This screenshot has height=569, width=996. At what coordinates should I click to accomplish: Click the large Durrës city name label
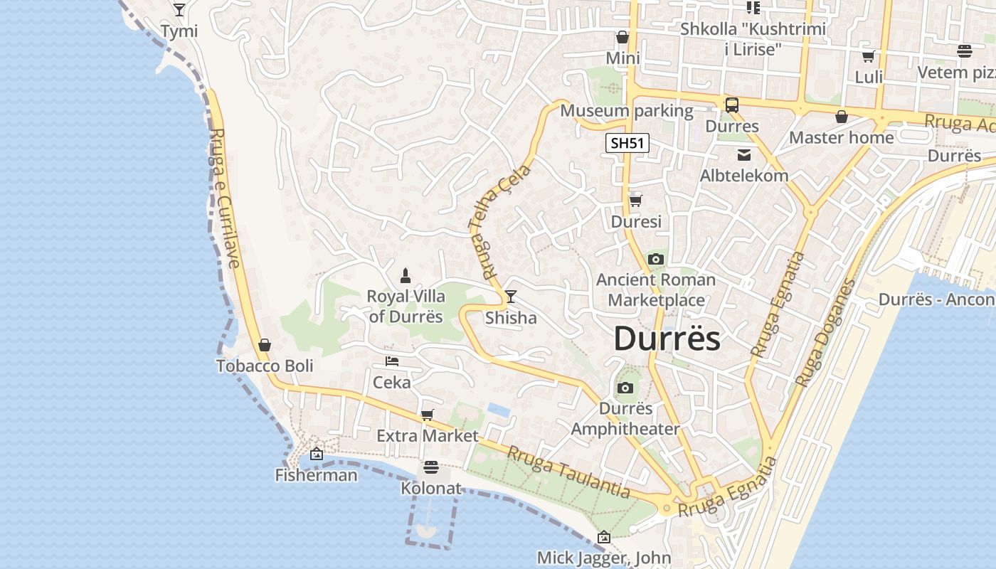(667, 339)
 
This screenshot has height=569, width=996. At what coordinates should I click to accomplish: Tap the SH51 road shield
(627, 143)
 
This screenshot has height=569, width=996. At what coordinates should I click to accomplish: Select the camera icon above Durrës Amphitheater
(625, 388)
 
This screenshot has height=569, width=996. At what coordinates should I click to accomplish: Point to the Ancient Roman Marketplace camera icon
(656, 259)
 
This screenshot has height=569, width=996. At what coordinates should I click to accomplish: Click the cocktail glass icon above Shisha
(510, 296)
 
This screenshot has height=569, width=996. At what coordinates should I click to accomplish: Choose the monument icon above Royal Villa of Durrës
(406, 275)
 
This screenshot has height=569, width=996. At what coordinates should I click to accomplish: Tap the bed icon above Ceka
(391, 361)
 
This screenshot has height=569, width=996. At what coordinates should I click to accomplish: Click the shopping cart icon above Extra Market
(427, 415)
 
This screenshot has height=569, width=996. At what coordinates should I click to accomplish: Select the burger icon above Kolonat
(430, 467)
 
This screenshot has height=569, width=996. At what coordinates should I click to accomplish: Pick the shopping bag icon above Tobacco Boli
(265, 345)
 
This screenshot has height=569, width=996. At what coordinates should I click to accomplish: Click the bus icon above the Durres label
(732, 105)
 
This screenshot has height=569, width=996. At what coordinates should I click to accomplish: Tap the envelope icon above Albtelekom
(744, 154)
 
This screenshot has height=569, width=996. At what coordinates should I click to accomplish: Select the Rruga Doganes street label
(825, 333)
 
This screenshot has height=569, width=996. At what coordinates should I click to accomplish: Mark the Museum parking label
(626, 111)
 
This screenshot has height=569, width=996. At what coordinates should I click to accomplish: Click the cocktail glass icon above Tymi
(179, 10)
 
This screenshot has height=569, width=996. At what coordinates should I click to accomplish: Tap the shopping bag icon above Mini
(622, 37)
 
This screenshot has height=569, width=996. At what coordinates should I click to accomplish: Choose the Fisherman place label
(316, 474)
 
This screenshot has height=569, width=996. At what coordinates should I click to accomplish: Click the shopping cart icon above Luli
(868, 56)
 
